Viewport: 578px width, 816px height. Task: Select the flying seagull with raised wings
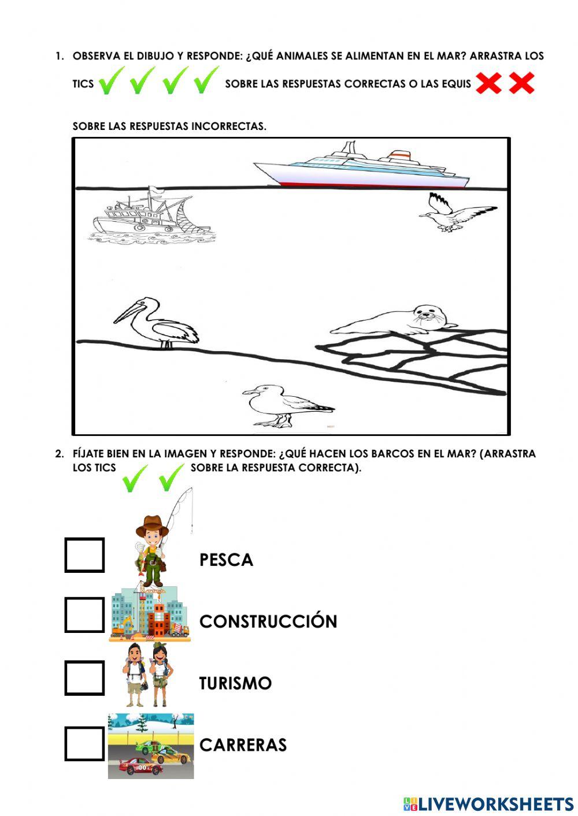[457, 214]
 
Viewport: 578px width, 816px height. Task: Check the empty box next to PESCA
[84, 555]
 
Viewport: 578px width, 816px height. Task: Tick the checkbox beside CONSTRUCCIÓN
[84, 614]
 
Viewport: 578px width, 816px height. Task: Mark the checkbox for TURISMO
[84, 678]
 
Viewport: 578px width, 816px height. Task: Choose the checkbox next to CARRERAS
[84, 743]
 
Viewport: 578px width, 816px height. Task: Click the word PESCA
[226, 560]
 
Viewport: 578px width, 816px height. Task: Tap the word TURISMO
[235, 683]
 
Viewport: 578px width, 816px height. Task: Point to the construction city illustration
[149, 614]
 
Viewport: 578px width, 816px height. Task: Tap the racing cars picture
[151, 746]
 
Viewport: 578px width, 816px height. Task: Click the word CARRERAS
[243, 745]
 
